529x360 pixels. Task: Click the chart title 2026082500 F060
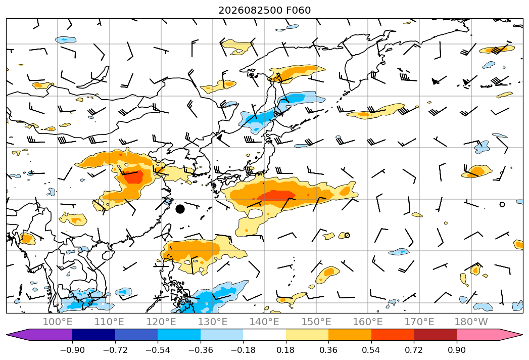(265, 10)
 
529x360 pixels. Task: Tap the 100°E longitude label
(58, 322)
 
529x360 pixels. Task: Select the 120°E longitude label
(161, 322)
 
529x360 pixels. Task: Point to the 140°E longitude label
(264, 322)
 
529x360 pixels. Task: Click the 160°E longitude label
(368, 322)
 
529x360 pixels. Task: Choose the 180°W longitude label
(471, 322)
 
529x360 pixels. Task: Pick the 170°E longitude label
(419, 322)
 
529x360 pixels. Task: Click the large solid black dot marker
(180, 209)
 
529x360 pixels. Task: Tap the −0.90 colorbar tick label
(72, 350)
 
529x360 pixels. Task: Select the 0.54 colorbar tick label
(371, 350)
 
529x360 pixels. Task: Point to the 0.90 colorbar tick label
(456, 350)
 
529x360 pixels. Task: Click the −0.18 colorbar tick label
(243, 350)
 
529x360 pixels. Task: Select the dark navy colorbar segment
(94, 335)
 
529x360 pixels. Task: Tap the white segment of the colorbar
(265, 335)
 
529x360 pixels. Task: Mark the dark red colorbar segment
(435, 335)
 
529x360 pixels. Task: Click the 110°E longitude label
(109, 322)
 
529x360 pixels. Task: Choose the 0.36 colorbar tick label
(328, 350)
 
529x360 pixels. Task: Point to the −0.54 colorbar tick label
(158, 350)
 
